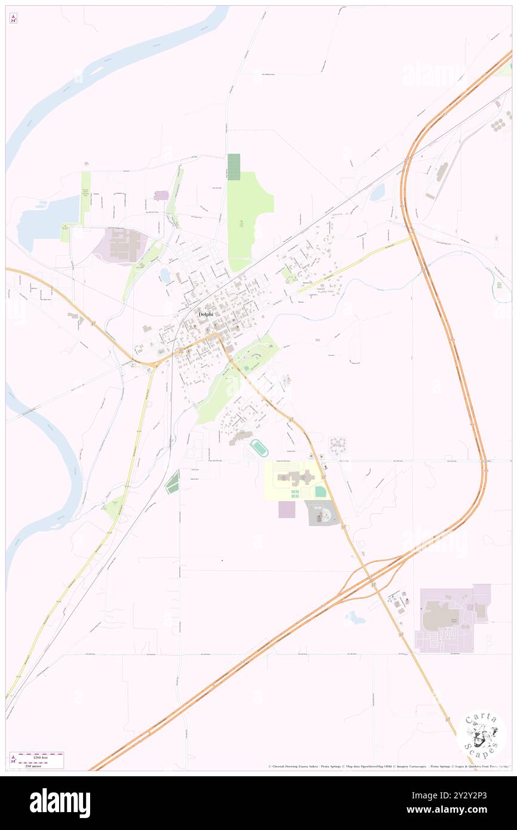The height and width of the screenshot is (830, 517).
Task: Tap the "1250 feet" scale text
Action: pos(44,757)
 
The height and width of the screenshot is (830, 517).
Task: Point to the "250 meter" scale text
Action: pos(43,764)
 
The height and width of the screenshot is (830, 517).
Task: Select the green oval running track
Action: pos(259,446)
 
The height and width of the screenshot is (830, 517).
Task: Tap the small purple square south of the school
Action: pos(287,509)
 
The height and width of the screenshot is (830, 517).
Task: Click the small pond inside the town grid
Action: pos(165,275)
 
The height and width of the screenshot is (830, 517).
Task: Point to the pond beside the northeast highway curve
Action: pos(377,192)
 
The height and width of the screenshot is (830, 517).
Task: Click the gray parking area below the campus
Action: pos(322,513)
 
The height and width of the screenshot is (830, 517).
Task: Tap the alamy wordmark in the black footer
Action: pos(60,803)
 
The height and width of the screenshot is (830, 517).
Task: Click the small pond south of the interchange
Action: pos(355,617)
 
